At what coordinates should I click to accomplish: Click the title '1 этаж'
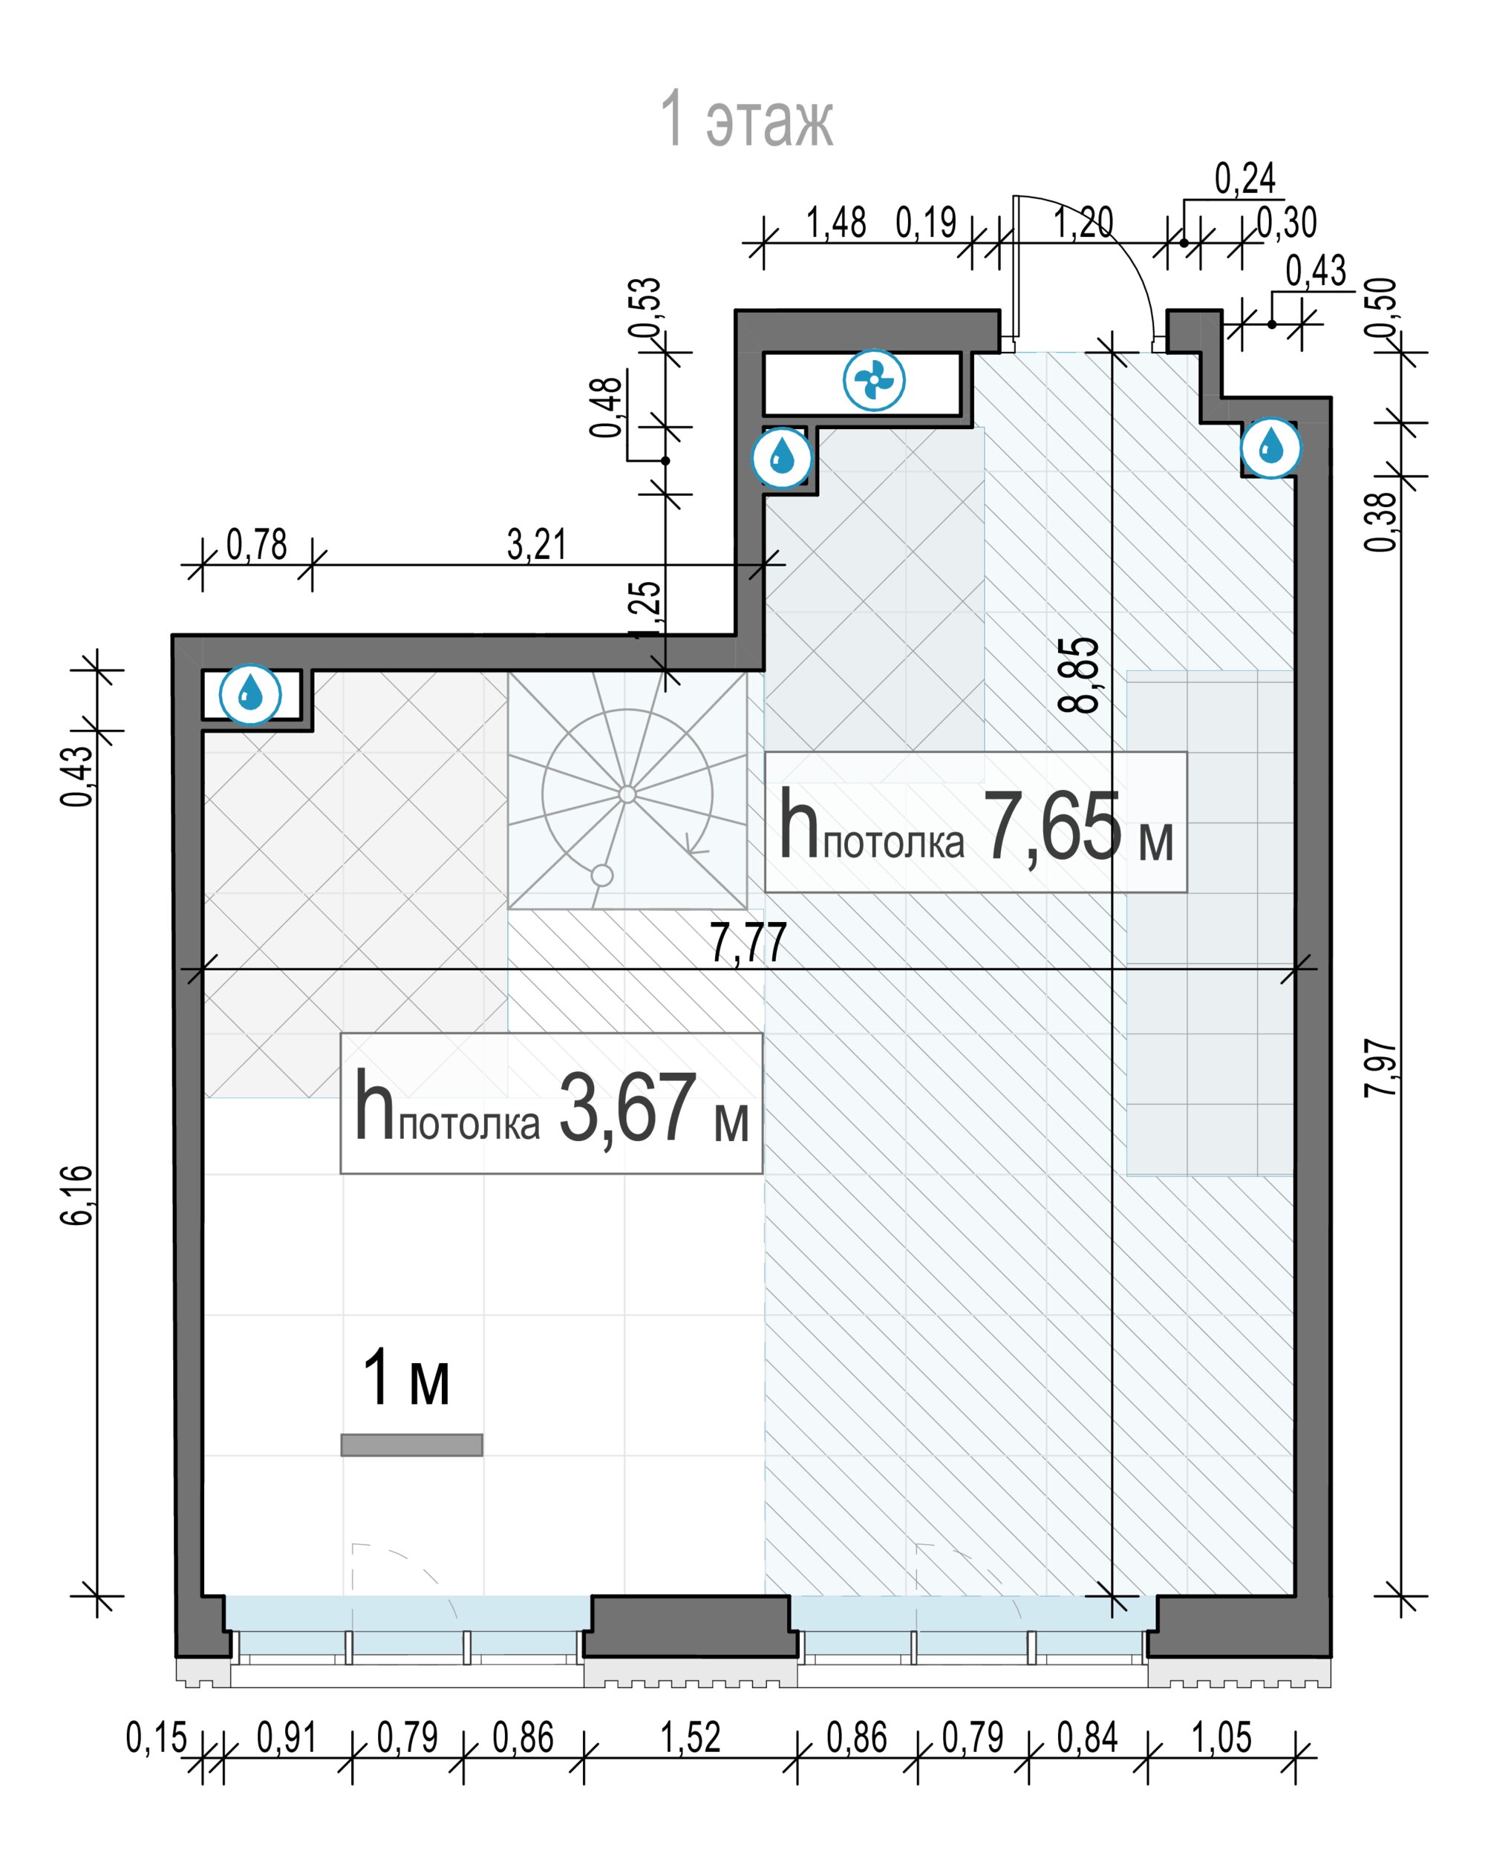point(746,119)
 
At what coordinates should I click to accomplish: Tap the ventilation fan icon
point(874,379)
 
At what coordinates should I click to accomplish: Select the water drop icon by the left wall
point(250,694)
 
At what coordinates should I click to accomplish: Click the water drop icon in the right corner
point(1270,448)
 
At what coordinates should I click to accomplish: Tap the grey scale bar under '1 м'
point(411,1445)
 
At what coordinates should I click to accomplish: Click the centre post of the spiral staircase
point(627,794)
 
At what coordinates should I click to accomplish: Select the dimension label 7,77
point(748,943)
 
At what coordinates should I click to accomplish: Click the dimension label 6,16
point(77,1195)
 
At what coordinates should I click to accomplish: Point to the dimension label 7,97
point(1381,1068)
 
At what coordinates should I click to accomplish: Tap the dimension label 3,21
point(537,544)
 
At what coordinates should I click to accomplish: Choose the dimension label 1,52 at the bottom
point(690,1737)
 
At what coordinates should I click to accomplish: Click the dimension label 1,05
point(1221,1737)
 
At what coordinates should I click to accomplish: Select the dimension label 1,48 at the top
point(836,222)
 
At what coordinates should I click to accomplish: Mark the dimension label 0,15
point(157,1737)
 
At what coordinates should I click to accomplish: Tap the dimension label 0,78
point(256,544)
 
